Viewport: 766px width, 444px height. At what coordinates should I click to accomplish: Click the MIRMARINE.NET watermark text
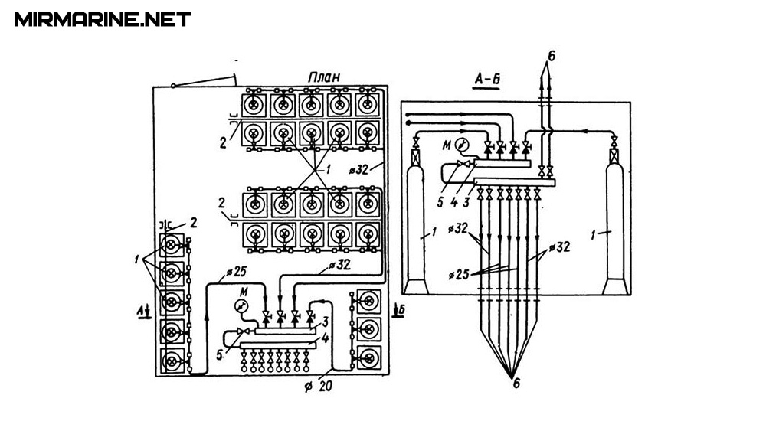[x=103, y=19]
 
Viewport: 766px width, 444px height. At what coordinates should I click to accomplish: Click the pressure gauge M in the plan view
[x=241, y=305]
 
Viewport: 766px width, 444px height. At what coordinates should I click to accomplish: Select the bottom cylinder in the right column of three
[x=369, y=357]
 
